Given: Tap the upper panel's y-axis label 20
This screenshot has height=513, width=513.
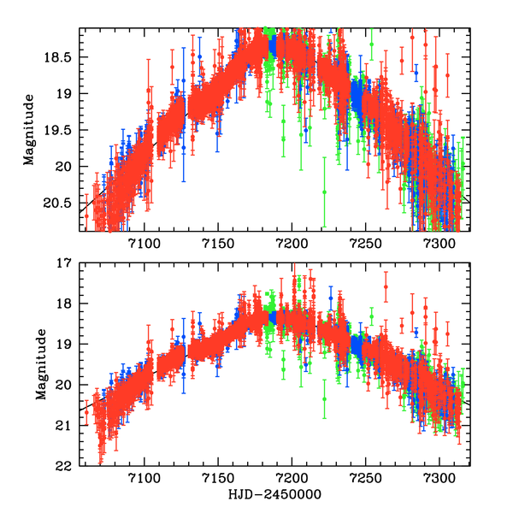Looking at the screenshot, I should pos(68,166).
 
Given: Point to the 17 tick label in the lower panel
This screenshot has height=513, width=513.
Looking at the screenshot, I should pos(68,263).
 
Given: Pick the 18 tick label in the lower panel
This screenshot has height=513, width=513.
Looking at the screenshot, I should pos(68,304).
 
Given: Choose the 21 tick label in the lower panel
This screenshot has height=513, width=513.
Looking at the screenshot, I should pos(68,426).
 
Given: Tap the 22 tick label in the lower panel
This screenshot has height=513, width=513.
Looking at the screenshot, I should pos(68,466).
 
